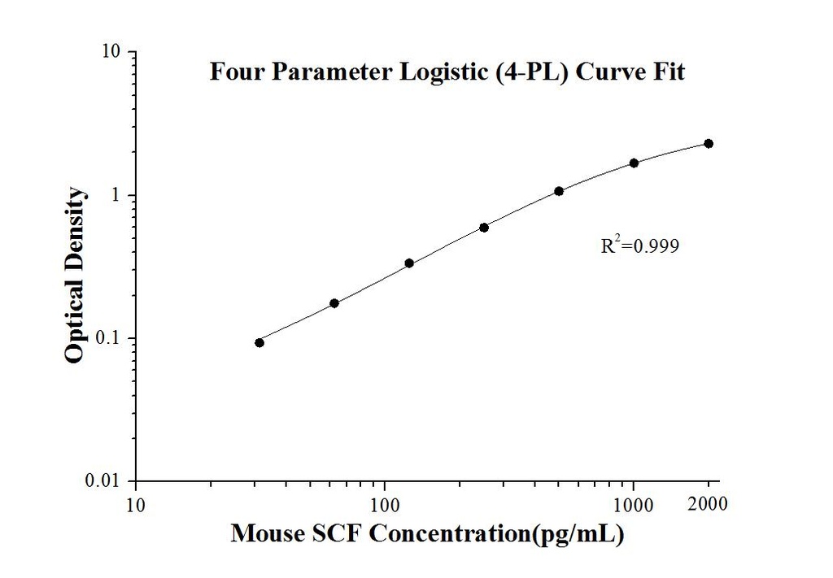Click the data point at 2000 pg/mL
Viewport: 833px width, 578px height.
click(x=709, y=144)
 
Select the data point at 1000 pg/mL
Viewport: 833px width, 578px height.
click(x=634, y=163)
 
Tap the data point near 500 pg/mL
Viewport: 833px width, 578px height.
click(x=559, y=191)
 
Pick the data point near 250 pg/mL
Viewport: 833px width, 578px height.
click(x=484, y=228)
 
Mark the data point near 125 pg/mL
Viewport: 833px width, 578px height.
click(x=409, y=263)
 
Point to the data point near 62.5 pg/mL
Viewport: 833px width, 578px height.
click(x=334, y=303)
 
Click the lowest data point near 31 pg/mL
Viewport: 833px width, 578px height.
click(x=259, y=342)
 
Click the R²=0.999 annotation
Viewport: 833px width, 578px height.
click(x=639, y=246)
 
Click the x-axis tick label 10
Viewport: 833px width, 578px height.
click(x=135, y=504)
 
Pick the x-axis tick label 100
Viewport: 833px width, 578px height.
click(x=384, y=504)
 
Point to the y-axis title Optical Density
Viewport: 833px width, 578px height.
click(x=75, y=275)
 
